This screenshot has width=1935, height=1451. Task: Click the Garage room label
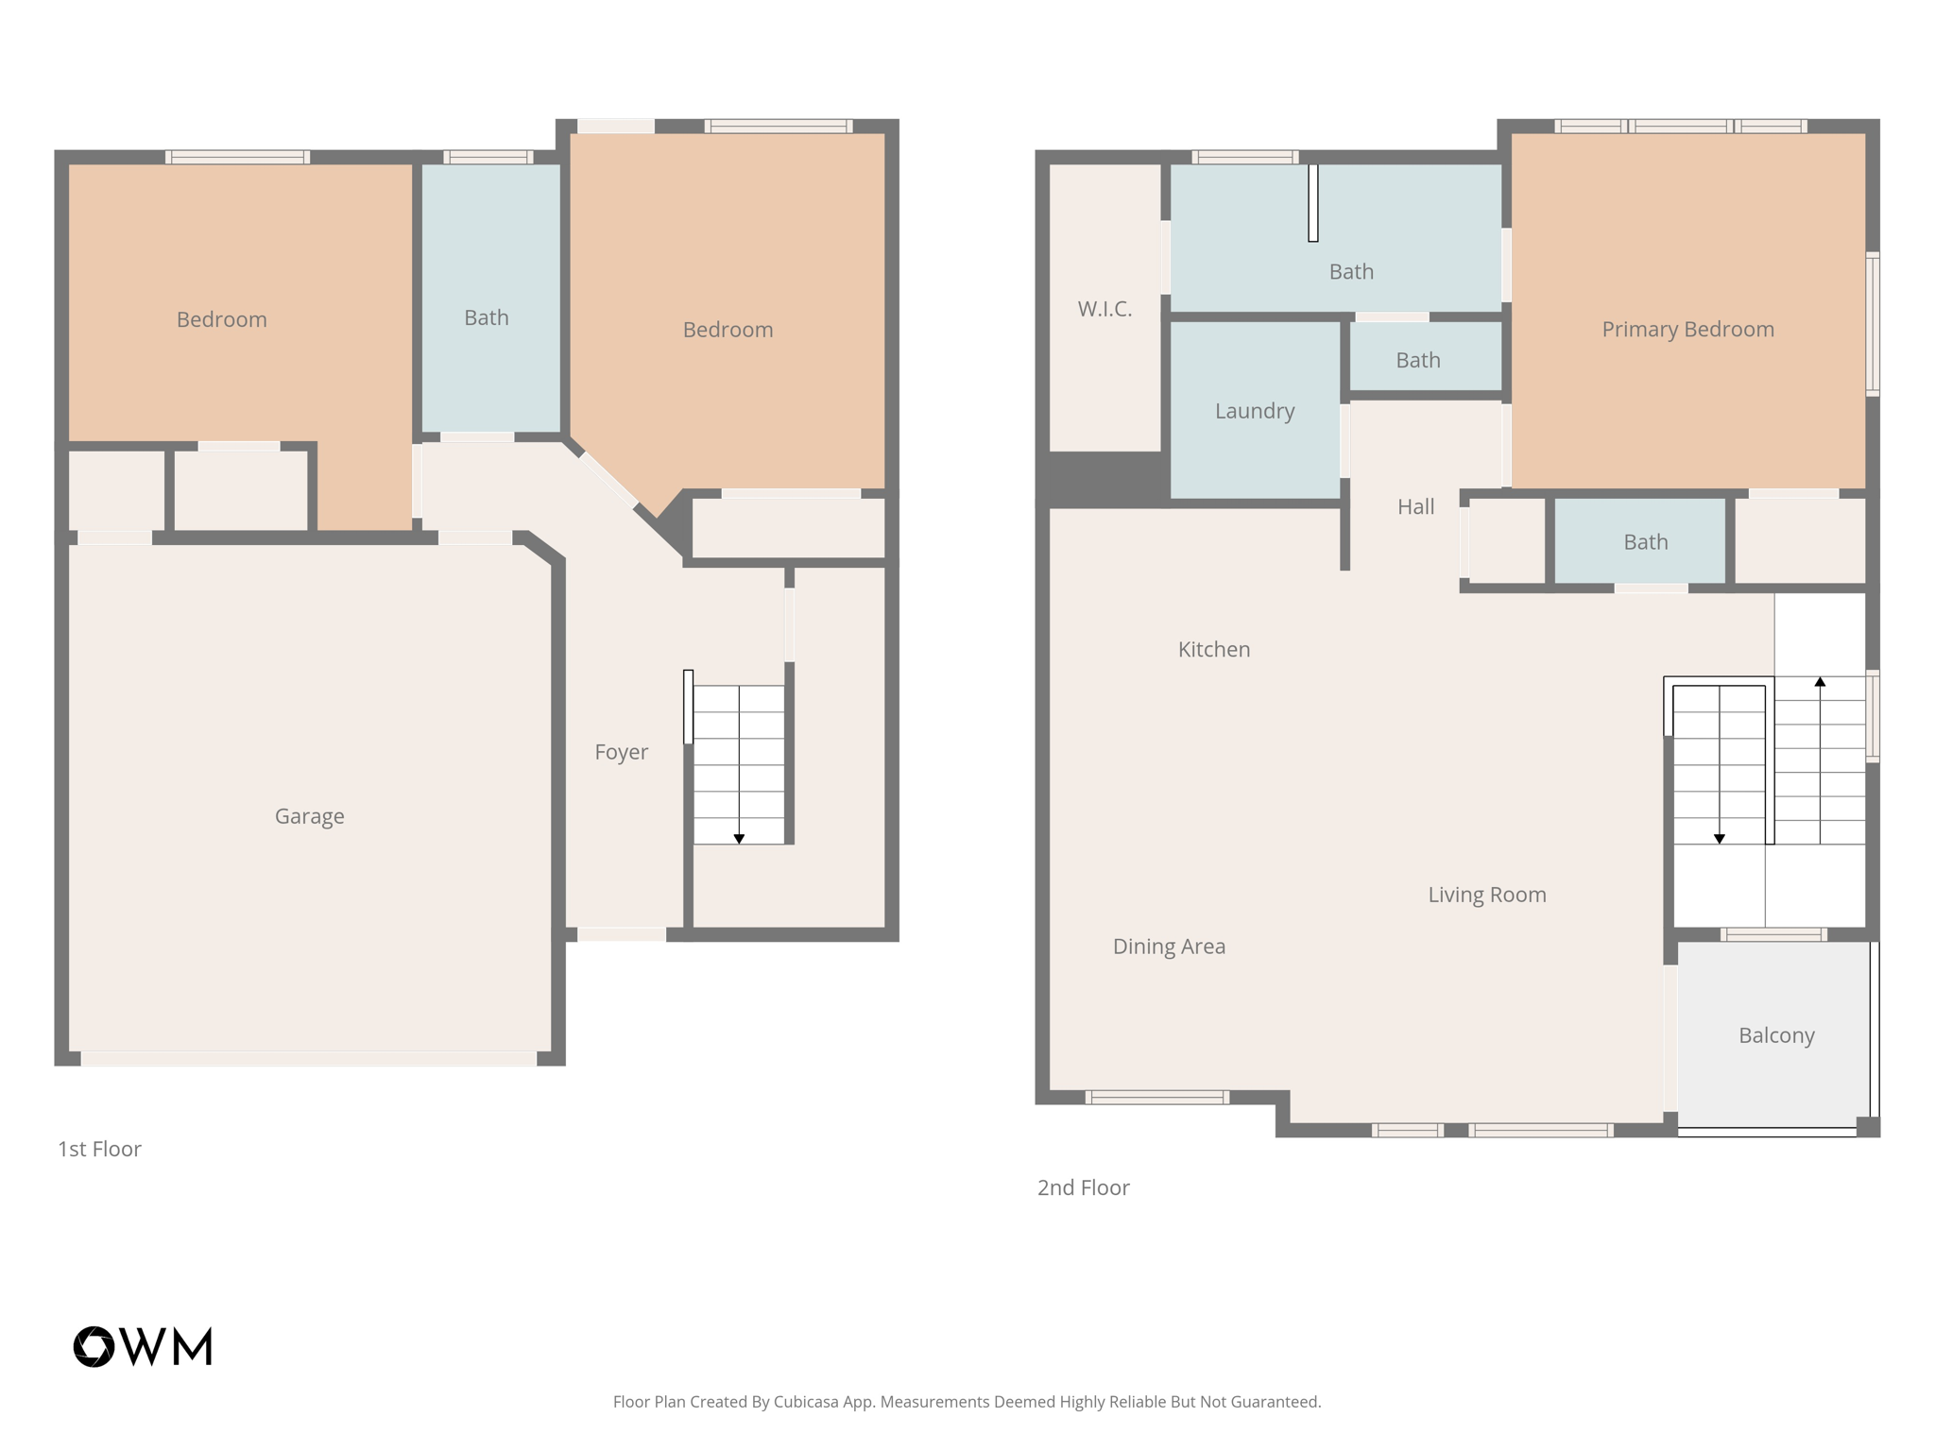coord(309,816)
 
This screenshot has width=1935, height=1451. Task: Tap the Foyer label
coord(621,752)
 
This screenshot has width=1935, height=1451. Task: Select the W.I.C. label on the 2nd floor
coord(1104,309)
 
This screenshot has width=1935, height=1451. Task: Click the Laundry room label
coord(1254,411)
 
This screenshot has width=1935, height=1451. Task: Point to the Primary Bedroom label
coord(1687,330)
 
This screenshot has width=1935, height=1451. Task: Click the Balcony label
coord(1776,1035)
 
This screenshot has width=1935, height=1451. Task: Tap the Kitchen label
coord(1213,649)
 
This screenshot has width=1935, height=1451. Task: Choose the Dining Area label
coord(1169,947)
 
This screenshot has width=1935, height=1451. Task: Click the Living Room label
coord(1486,895)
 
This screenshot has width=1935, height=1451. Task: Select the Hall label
coord(1415,507)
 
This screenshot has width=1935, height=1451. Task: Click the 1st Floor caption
coord(99,1149)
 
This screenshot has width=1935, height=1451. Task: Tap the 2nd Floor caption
coord(1083,1187)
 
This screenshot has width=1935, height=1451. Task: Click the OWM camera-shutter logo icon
coord(94,1346)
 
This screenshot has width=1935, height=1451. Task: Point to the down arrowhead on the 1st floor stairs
coord(739,839)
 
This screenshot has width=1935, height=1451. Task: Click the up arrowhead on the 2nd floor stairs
coord(1820,681)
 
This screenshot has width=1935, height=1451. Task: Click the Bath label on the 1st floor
coord(486,318)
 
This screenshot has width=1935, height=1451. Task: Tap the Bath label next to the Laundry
coord(1417,360)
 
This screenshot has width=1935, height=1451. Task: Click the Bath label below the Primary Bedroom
coord(1645,542)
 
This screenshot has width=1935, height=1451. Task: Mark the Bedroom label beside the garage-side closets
coord(221,319)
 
